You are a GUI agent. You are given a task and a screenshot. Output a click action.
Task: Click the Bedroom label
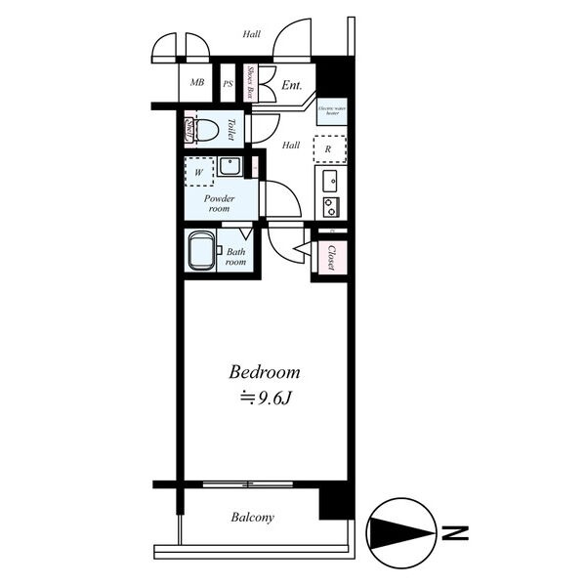click(264, 372)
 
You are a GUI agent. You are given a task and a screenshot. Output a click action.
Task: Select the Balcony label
click(252, 518)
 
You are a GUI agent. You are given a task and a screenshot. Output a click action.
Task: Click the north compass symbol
click(400, 533)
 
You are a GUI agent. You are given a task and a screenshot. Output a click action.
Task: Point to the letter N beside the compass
click(454, 533)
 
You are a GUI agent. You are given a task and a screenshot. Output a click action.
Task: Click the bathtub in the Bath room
click(199, 249)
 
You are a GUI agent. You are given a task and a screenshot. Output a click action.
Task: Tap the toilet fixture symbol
click(206, 129)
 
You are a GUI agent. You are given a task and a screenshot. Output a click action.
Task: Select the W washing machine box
click(200, 172)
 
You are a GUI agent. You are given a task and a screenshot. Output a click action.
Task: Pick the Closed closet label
click(332, 258)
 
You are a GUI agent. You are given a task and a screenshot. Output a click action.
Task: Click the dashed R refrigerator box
click(329, 149)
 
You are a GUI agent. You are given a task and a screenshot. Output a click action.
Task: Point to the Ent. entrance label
click(292, 85)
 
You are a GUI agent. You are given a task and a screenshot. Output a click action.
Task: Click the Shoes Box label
click(251, 84)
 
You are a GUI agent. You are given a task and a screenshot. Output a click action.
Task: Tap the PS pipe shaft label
click(228, 84)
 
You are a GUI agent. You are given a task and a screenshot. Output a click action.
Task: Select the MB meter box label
click(197, 84)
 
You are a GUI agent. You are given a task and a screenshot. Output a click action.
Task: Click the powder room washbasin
click(230, 166)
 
